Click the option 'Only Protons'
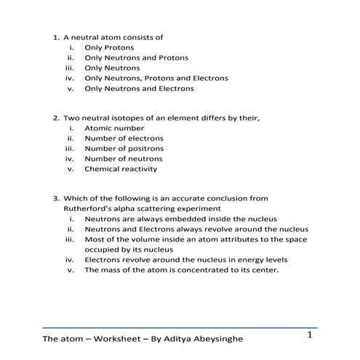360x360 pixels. pyautogui.click(x=109, y=47)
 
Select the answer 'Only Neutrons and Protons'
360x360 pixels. pyautogui.click(x=136, y=57)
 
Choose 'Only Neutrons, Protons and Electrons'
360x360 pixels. pyautogui.click(x=156, y=78)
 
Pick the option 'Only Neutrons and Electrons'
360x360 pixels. pyautogui.click(x=139, y=89)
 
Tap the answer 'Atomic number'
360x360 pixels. pyautogui.click(x=114, y=128)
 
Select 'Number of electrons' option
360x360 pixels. pyautogui.click(x=124, y=138)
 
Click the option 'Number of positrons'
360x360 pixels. pyautogui.click(x=124, y=148)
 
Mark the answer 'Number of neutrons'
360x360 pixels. pyautogui.click(x=123, y=159)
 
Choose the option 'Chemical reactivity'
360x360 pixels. pyautogui.click(x=121, y=169)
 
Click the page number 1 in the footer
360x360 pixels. pyautogui.click(x=310, y=335)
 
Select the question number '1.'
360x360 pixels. pyautogui.click(x=55, y=37)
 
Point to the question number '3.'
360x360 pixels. pyautogui.click(x=55, y=197)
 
